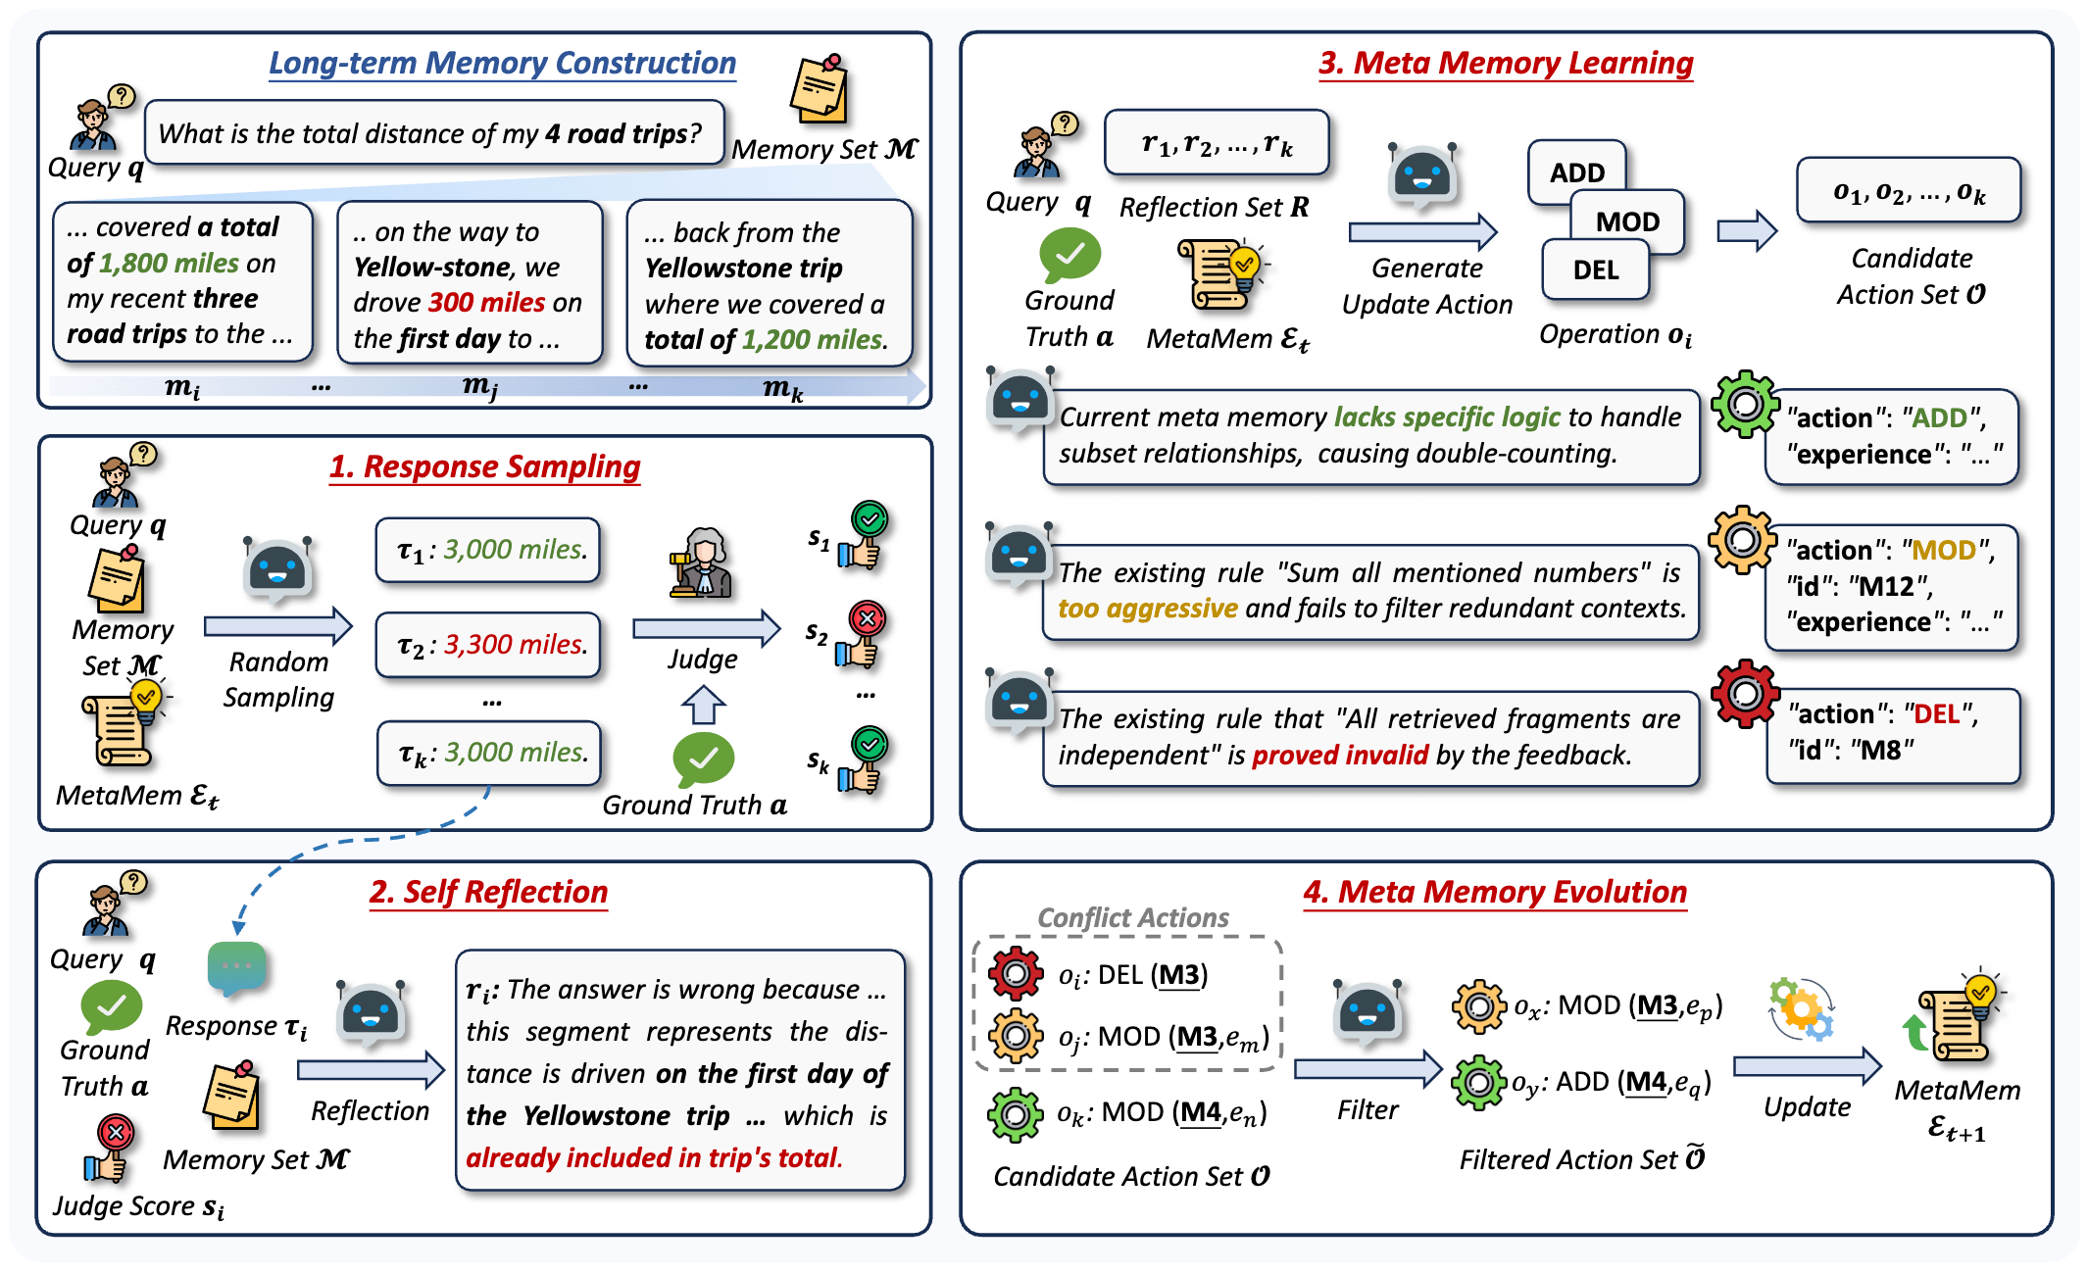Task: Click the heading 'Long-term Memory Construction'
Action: pyautogui.click(x=502, y=63)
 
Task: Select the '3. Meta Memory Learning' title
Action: pyautogui.click(x=1506, y=63)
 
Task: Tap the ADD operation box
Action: pyautogui.click(x=1576, y=171)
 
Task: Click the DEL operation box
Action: pyautogui.click(x=1595, y=270)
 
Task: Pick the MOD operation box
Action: pyautogui.click(x=1627, y=221)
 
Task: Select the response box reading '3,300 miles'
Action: pyautogui.click(x=488, y=645)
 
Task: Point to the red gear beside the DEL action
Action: pyautogui.click(x=1744, y=694)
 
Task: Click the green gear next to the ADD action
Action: pyautogui.click(x=1744, y=404)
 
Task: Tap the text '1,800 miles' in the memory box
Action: pyautogui.click(x=168, y=263)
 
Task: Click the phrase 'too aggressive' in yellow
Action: pyautogui.click(x=1147, y=609)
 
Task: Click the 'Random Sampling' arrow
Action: pyautogui.click(x=277, y=625)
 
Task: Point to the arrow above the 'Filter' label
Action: pyautogui.click(x=1367, y=1068)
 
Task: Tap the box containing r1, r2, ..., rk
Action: pyautogui.click(x=1217, y=143)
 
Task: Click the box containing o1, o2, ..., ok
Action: pyautogui.click(x=1908, y=191)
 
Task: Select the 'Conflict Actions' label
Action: pyautogui.click(x=1132, y=917)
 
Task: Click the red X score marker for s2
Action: pyautogui.click(x=867, y=619)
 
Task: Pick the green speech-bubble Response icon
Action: pyautogui.click(x=237, y=967)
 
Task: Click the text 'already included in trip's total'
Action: pyautogui.click(x=654, y=1158)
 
